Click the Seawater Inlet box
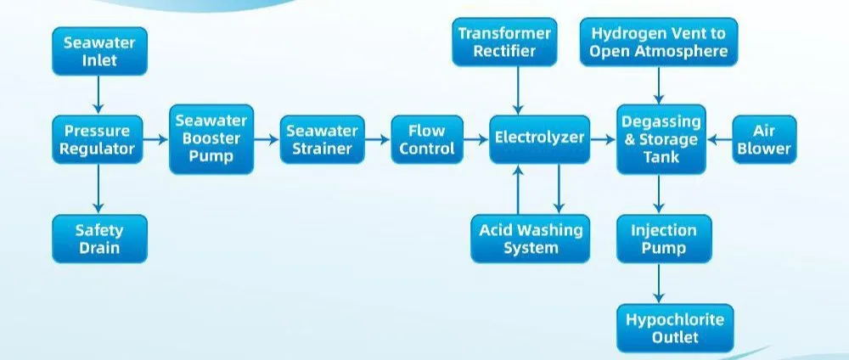click(x=99, y=51)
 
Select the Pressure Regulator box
click(x=99, y=140)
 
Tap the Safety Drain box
click(x=99, y=239)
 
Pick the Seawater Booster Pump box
click(x=211, y=139)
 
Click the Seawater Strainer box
click(x=322, y=140)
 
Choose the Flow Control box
click(x=427, y=139)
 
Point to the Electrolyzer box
click(x=539, y=138)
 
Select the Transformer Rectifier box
click(x=504, y=42)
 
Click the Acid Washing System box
click(x=531, y=239)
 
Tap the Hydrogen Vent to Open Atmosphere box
click(x=659, y=42)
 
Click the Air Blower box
click(x=763, y=139)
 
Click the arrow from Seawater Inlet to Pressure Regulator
click(x=99, y=95)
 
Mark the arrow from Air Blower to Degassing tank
click(x=719, y=139)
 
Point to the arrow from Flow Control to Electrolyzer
click(x=475, y=139)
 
